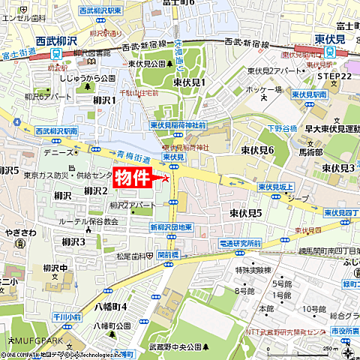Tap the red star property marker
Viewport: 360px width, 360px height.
(166, 178)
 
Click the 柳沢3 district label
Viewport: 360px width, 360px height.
(73, 241)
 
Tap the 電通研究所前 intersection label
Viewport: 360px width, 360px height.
(239, 244)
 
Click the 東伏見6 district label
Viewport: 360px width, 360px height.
(257, 151)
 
